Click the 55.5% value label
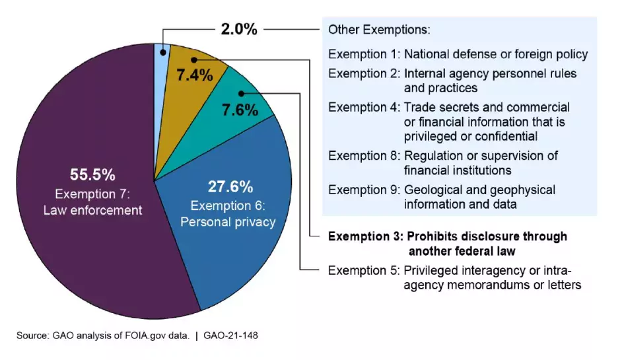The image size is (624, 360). click(x=92, y=175)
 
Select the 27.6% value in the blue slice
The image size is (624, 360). click(x=230, y=186)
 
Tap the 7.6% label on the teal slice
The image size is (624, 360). click(x=240, y=110)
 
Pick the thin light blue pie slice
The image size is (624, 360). click(x=160, y=79)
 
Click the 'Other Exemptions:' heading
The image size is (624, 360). click(x=379, y=30)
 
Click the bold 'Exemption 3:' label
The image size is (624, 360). click(x=364, y=236)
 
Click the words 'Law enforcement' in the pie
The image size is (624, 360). click(x=92, y=211)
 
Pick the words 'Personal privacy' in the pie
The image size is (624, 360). click(x=228, y=222)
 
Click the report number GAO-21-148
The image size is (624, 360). click(x=231, y=336)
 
